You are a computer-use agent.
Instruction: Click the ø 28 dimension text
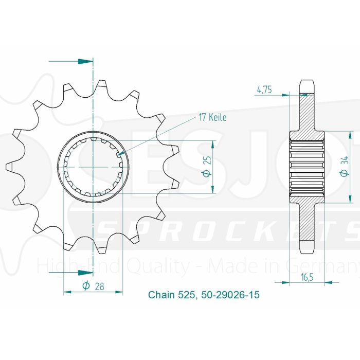tap(93, 287)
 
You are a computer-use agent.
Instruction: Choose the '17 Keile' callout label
tap(212, 117)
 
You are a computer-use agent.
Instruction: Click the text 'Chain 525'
tap(170, 295)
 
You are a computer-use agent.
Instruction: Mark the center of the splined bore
tap(93, 167)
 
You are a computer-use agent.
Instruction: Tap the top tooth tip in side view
tap(307, 82)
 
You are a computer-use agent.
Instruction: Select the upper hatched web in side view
tap(307, 113)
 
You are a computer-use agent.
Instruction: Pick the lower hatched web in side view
tap(307, 221)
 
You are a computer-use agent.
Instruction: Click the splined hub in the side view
tap(308, 167)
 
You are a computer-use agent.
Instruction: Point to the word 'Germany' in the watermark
tap(337, 266)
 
